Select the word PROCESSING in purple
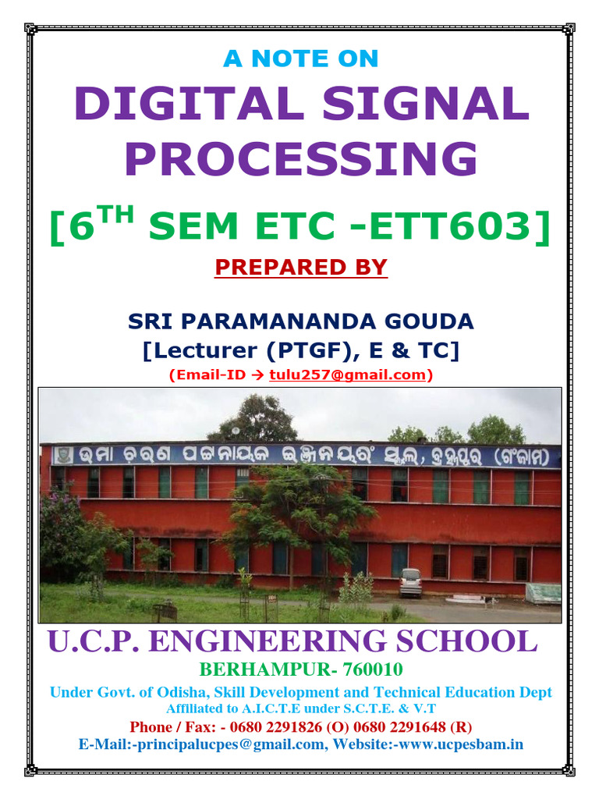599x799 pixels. (300, 159)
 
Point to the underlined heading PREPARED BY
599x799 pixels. (300, 267)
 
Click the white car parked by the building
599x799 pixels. (410, 581)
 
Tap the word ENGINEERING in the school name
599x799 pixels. (270, 641)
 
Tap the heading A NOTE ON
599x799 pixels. (300, 58)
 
